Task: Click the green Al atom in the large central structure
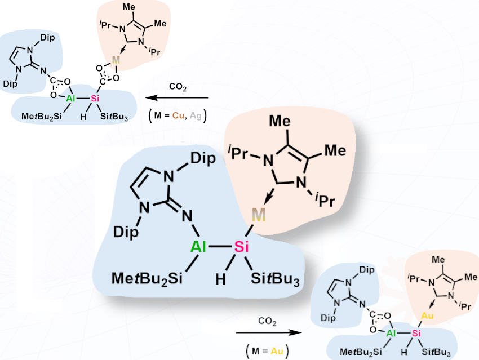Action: pos(198,247)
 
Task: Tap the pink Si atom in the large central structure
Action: pos(241,247)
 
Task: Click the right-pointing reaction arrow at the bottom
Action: pos(268,332)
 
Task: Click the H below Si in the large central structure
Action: pos(221,279)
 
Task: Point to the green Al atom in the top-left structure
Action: pos(70,99)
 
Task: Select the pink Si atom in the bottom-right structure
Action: pos(415,334)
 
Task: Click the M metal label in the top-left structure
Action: pos(116,60)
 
